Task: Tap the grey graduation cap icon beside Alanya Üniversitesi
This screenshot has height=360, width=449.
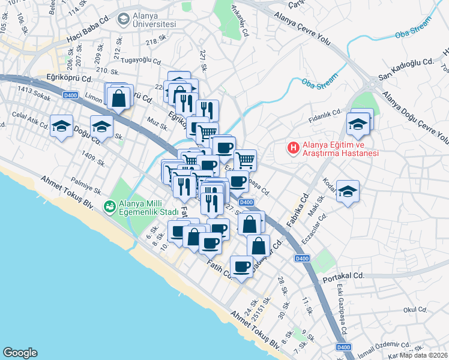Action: (x=124, y=19)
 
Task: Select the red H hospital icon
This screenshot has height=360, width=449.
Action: (x=294, y=147)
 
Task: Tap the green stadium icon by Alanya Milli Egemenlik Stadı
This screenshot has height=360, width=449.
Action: (x=109, y=207)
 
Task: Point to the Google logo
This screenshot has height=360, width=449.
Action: (x=20, y=352)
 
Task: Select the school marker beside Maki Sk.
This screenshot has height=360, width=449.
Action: (x=348, y=191)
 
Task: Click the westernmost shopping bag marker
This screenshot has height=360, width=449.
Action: (x=119, y=96)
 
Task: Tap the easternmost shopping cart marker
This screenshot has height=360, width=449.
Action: (x=245, y=160)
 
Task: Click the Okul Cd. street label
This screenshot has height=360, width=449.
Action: (x=414, y=310)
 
